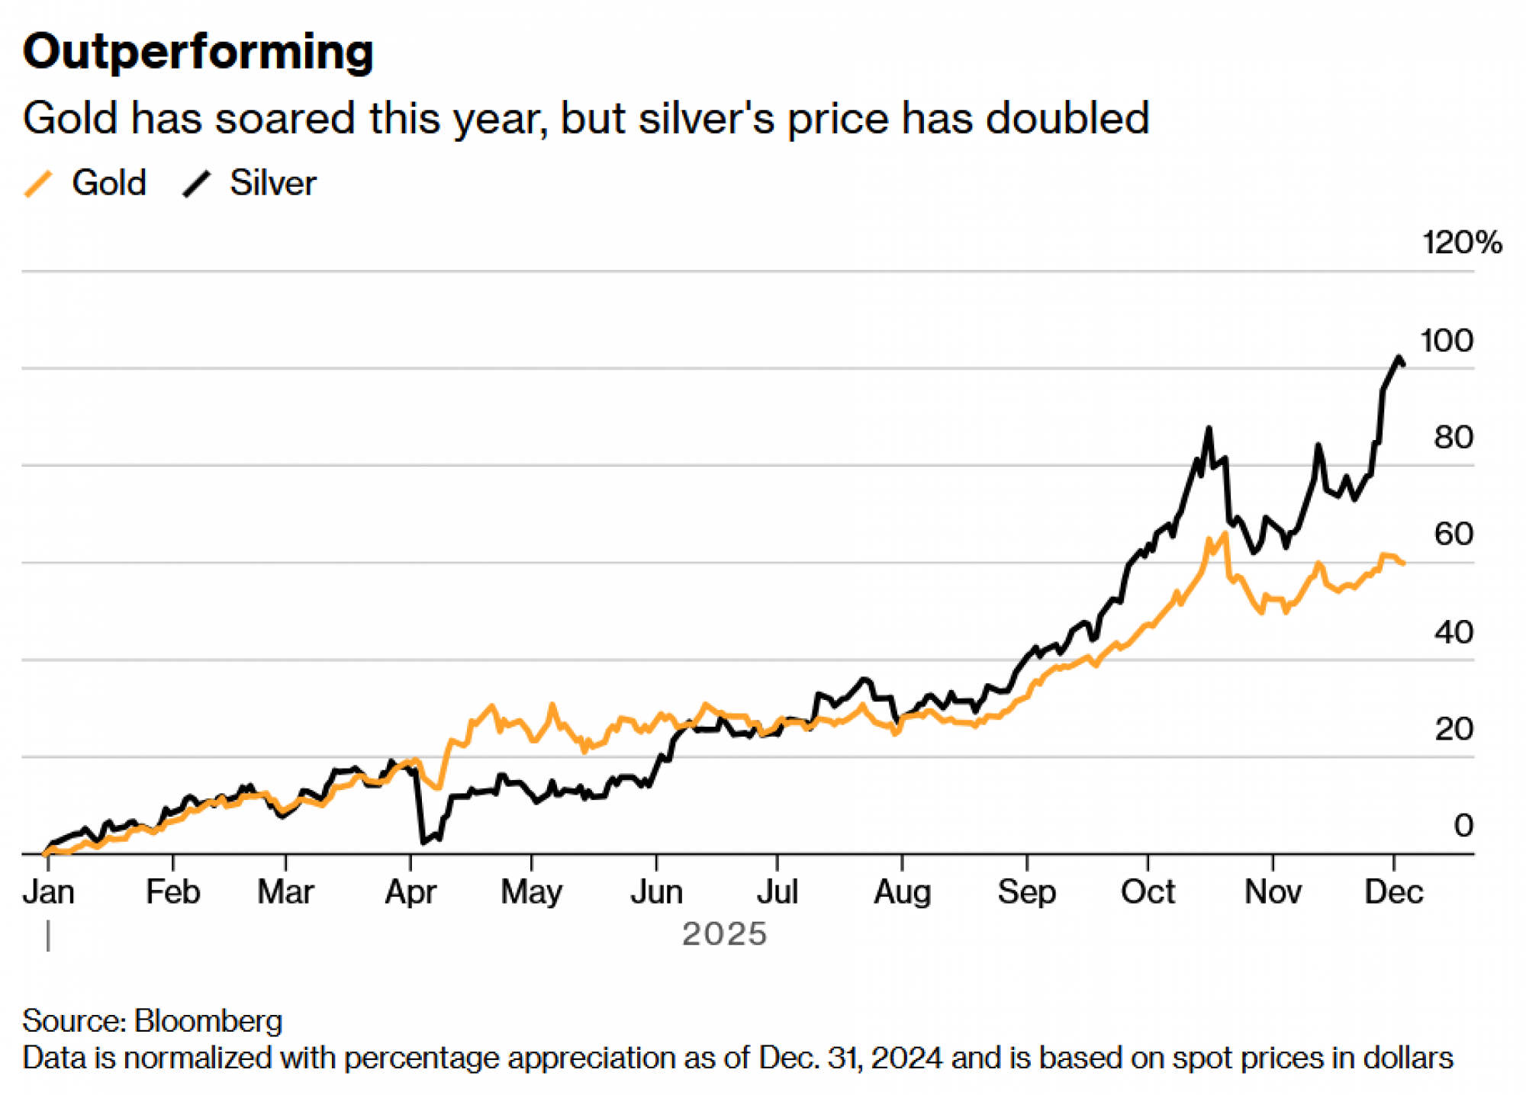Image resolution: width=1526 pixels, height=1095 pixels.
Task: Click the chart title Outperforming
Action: pos(198,52)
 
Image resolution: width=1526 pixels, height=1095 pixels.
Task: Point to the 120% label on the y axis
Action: pos(1461,242)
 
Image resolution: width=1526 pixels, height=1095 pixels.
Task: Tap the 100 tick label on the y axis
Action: pos(1447,341)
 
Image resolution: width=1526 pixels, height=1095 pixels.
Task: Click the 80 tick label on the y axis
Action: pos(1453,438)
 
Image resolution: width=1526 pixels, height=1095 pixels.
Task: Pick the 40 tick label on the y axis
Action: pos(1453,632)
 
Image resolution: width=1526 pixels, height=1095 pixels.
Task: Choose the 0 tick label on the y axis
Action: pos(1463,826)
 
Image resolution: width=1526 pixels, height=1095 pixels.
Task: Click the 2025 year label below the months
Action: pos(724,934)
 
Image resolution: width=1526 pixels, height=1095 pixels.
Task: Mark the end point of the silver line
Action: pos(1403,364)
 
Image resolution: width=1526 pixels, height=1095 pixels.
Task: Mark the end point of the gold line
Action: pos(1404,563)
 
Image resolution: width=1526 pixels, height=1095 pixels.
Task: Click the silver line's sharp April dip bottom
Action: pos(423,842)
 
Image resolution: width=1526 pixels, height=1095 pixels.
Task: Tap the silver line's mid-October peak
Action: pos(1209,429)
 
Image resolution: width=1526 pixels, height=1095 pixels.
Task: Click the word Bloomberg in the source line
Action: pos(208,1021)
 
